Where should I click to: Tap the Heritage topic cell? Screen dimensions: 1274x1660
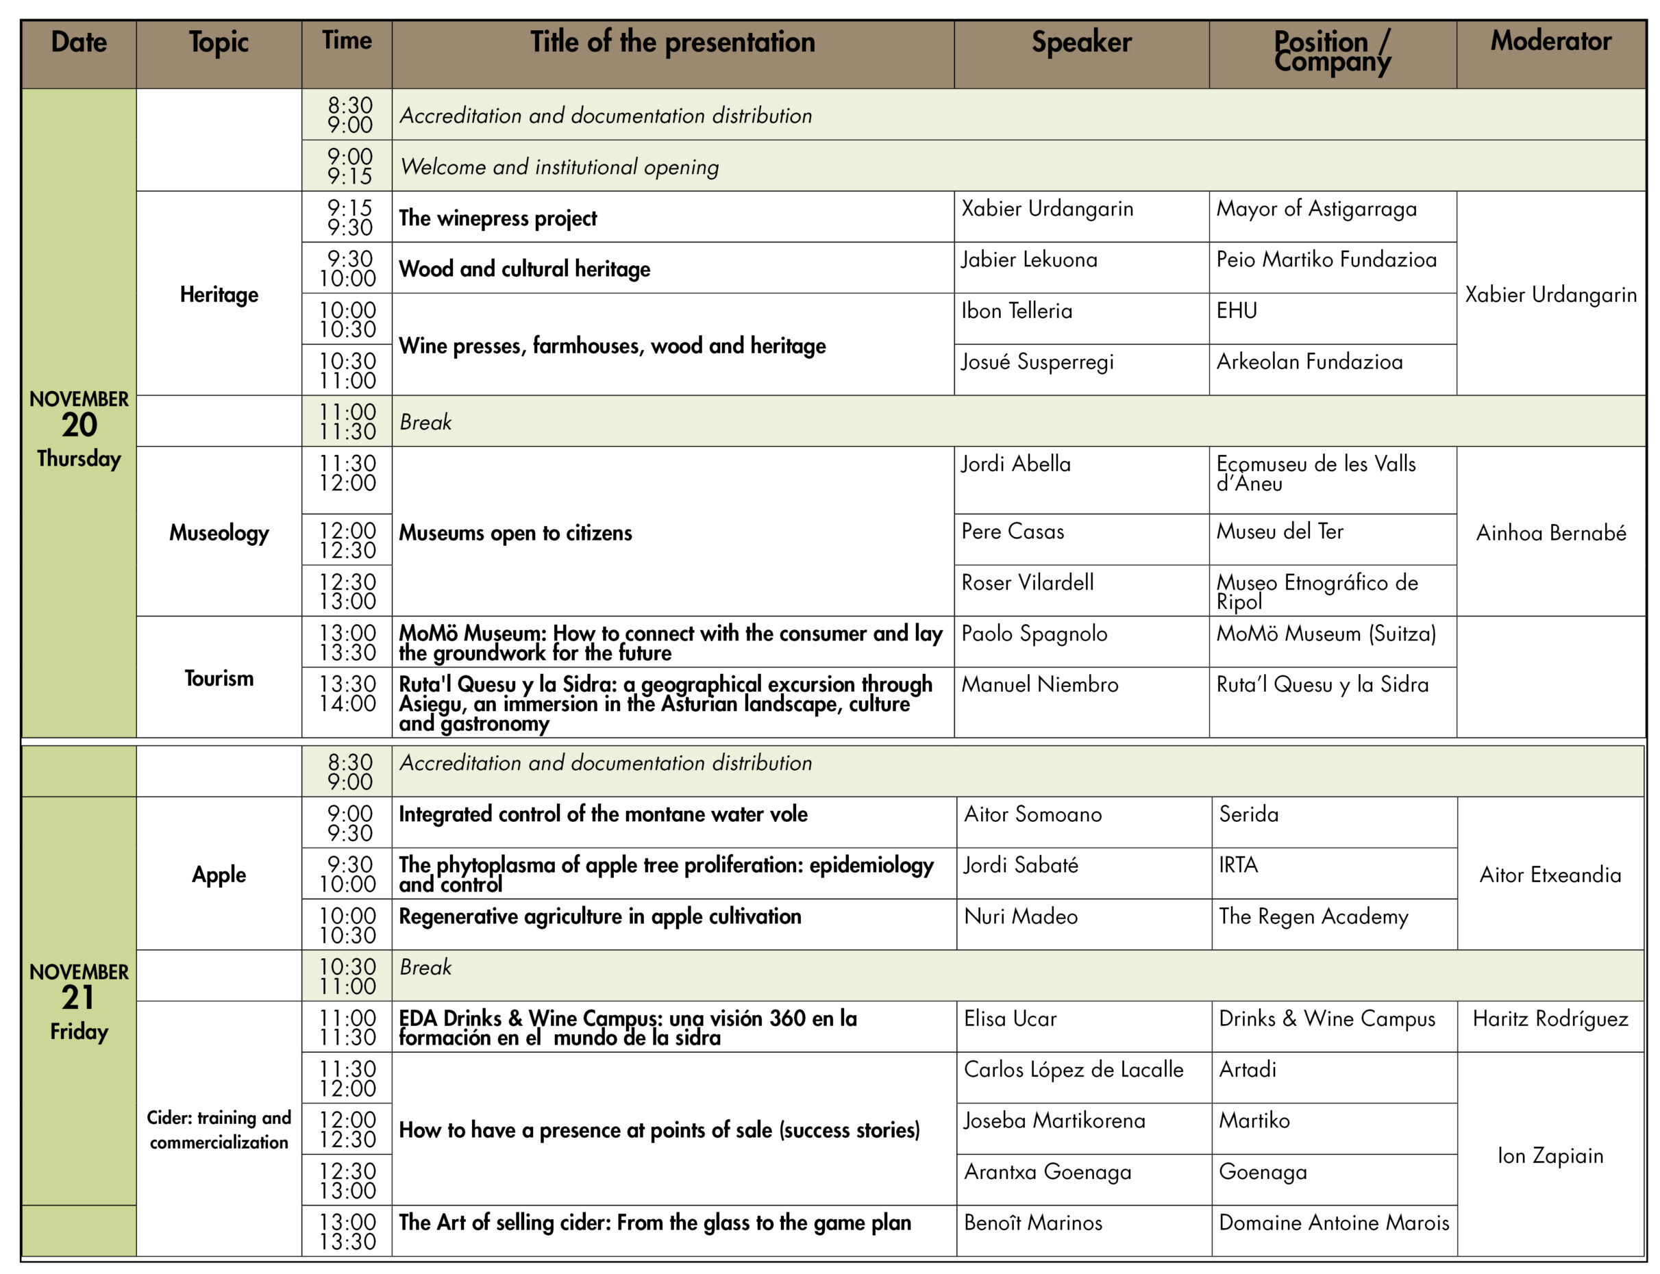pos(219,295)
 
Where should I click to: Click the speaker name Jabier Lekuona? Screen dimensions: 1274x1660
pos(1028,260)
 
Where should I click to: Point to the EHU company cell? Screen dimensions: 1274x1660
pos(1236,311)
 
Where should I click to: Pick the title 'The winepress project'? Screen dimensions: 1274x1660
pos(497,218)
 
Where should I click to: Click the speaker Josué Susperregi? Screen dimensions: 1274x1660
pos(1037,362)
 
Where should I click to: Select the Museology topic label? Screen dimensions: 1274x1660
pos(219,532)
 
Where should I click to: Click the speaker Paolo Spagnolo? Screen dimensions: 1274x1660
pos(1034,634)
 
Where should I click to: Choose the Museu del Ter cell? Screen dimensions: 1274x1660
pos(1279,532)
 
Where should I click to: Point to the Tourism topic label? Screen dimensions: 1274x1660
pos(219,678)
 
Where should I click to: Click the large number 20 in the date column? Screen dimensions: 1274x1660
pos(79,425)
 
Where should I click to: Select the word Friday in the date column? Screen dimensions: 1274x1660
pos(79,1032)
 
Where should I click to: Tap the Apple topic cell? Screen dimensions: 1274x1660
pos(219,875)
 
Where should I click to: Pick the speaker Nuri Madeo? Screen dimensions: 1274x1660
pos(1020,917)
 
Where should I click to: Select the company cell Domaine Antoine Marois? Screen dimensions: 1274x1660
pos(1333,1223)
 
